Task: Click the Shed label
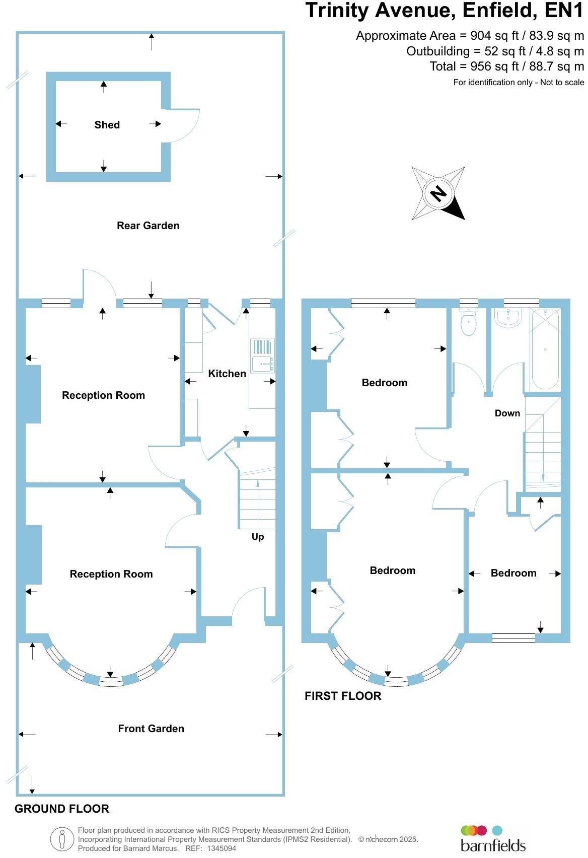pyautogui.click(x=107, y=125)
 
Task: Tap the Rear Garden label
pyautogui.click(x=148, y=226)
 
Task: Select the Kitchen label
pyautogui.click(x=227, y=374)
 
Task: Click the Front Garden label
pyautogui.click(x=151, y=729)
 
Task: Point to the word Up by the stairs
pyautogui.click(x=258, y=537)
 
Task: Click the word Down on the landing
pyautogui.click(x=507, y=413)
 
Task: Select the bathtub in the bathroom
pyautogui.click(x=545, y=349)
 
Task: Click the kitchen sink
pyautogui.click(x=262, y=355)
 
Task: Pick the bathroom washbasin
pyautogui.click(x=508, y=318)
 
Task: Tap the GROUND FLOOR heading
pyautogui.click(x=62, y=809)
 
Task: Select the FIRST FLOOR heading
pyautogui.click(x=343, y=696)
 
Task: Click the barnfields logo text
pyautogui.click(x=493, y=845)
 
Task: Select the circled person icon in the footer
pyautogui.click(x=62, y=839)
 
